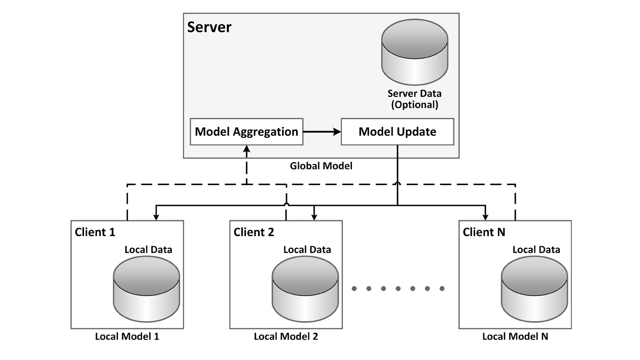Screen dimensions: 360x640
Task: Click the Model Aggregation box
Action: [x=246, y=132]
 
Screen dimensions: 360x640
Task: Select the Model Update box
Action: [x=397, y=132]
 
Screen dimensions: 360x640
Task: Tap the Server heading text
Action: [x=209, y=27]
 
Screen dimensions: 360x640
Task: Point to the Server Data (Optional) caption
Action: [x=414, y=99]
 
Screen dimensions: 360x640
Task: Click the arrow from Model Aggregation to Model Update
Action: [x=322, y=132]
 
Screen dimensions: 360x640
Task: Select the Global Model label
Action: [x=321, y=166]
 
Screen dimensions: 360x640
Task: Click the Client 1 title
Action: [x=95, y=232]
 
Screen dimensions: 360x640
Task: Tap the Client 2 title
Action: [x=254, y=232]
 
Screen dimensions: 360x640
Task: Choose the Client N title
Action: [x=484, y=232]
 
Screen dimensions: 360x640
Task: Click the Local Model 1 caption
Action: [x=127, y=337]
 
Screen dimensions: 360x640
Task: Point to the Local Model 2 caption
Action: [x=286, y=337]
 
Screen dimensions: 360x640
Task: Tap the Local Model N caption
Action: [x=515, y=337]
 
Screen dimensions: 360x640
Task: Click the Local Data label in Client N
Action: [x=536, y=250]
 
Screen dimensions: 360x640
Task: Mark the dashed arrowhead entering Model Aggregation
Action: [x=246, y=149]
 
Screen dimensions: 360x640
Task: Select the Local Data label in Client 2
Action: [x=307, y=250]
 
